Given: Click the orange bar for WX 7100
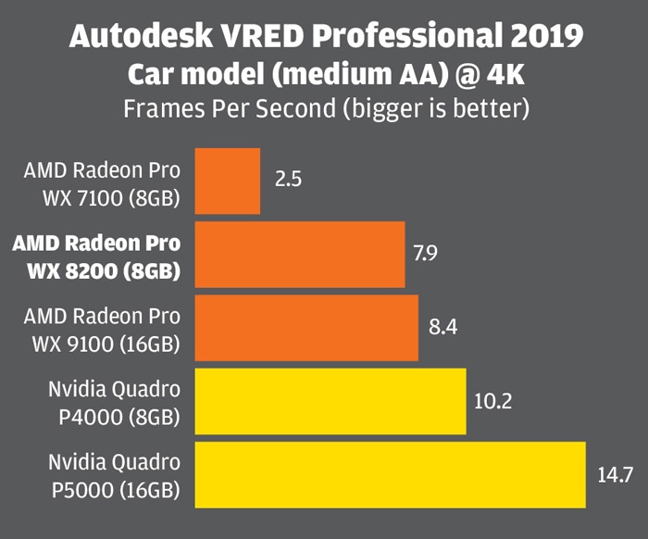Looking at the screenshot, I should click(x=227, y=181).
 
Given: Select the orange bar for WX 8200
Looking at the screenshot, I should click(x=299, y=255).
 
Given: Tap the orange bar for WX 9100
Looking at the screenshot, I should click(x=305, y=328).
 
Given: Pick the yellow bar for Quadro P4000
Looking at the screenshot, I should click(x=330, y=401).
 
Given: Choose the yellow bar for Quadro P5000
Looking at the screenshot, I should click(x=390, y=474).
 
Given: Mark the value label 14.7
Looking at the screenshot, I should click(x=615, y=474).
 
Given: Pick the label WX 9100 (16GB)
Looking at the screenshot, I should click(x=107, y=345).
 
